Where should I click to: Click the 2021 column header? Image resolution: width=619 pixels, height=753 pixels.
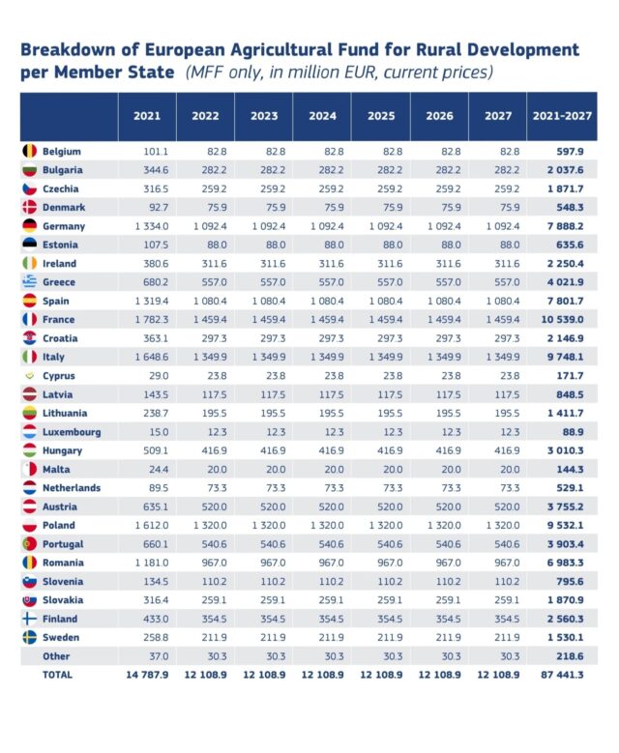[x=147, y=116]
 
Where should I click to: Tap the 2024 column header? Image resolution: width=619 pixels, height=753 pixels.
[x=322, y=116]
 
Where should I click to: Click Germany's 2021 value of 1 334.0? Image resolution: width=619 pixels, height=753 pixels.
[x=150, y=226]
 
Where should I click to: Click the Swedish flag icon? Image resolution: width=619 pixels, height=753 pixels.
[x=29, y=637]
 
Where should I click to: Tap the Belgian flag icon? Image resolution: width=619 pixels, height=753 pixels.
[x=29, y=152]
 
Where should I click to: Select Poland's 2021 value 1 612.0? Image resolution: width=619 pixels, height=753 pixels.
[x=150, y=525]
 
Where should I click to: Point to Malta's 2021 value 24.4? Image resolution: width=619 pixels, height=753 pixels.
[x=155, y=469]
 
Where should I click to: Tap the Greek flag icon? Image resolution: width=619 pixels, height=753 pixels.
[x=29, y=282]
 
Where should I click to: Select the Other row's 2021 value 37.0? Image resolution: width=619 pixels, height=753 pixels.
[x=155, y=655]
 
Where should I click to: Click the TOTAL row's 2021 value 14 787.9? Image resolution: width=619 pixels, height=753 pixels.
[x=147, y=675]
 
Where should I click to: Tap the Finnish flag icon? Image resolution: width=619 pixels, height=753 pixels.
[x=29, y=619]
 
